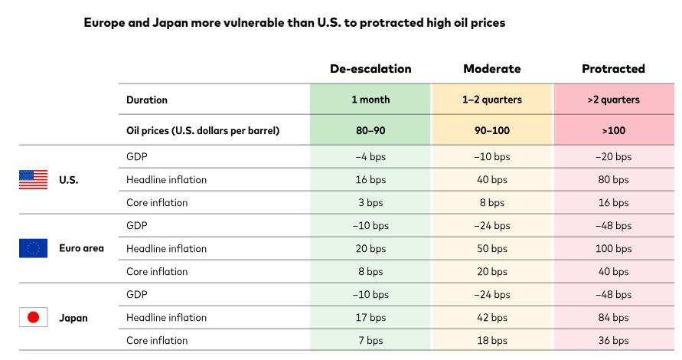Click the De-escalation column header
pos(370,69)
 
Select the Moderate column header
pos(491,69)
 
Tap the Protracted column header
pos(613,69)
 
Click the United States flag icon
pos(33,180)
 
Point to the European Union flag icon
pos(33,248)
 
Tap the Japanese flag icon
pos(33,317)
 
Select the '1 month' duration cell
pos(370,100)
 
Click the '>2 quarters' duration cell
pos(613,100)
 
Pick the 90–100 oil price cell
pos(491,130)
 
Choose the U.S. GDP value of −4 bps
pos(370,157)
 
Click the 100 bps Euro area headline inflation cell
pos(613,249)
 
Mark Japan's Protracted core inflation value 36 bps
pos(613,341)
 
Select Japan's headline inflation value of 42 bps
pos(491,318)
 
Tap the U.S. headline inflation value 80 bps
pos(613,180)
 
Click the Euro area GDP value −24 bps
pos(491,226)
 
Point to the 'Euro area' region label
pos(81,248)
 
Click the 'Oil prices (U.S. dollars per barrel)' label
pos(202,130)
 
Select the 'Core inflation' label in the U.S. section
pos(157,203)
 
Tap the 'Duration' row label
pos(147,100)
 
